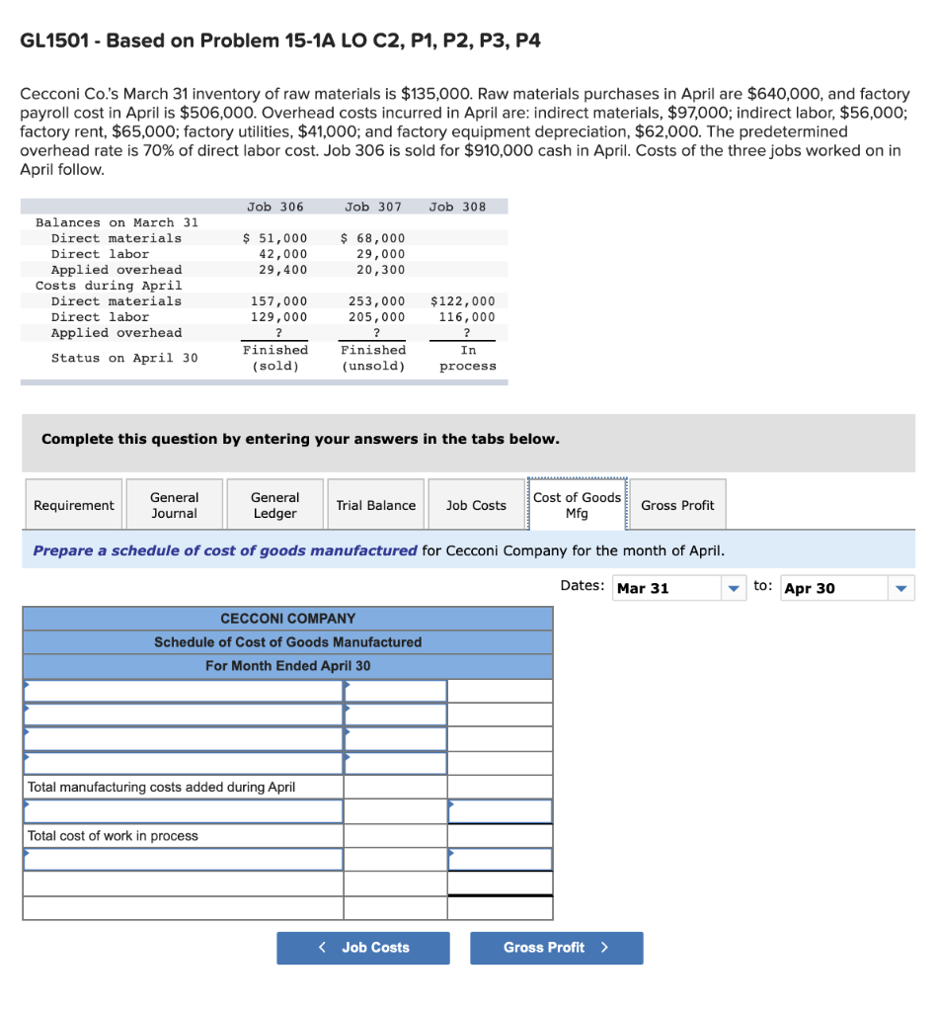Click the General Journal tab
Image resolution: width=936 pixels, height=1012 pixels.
(x=174, y=505)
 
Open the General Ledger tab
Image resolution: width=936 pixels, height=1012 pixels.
(x=274, y=505)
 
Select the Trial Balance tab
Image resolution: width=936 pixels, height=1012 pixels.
(x=375, y=505)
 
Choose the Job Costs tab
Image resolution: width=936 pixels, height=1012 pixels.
(x=476, y=505)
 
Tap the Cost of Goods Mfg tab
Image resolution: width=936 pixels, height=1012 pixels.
(x=577, y=505)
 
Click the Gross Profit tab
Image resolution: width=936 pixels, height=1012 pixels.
(x=677, y=505)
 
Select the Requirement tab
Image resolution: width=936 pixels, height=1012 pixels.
(x=74, y=505)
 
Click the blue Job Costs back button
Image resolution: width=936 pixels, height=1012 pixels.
(x=363, y=948)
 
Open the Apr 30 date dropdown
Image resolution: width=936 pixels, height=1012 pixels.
(x=847, y=588)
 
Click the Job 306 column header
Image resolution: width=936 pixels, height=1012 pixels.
(x=275, y=207)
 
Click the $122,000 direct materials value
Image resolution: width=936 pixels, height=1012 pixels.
(x=463, y=301)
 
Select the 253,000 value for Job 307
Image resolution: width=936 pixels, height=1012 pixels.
(x=376, y=301)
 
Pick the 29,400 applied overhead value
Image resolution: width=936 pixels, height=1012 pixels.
(x=281, y=270)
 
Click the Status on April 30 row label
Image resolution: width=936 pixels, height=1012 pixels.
(x=124, y=358)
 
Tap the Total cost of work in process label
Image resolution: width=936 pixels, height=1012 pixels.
(x=113, y=836)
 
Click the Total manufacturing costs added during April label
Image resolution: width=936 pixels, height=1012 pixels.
(x=161, y=788)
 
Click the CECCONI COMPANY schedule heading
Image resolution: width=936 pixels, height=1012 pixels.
(x=287, y=619)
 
